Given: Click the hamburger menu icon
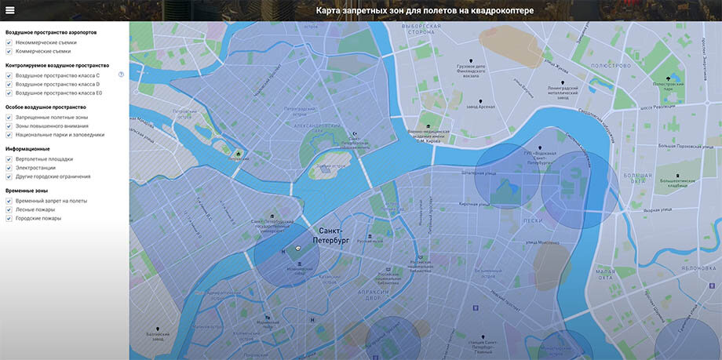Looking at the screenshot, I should pos(10,11).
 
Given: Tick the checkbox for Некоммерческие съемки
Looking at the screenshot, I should pos(9,42).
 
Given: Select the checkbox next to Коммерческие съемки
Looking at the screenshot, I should pos(9,52).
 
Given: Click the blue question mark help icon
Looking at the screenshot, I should pos(122,75).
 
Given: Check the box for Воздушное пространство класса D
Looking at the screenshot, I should pos(9,84).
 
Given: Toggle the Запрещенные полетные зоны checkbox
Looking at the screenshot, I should pos(9,117).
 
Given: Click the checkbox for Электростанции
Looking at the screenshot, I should pos(9,168).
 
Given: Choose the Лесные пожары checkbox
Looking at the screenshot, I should pos(9,209).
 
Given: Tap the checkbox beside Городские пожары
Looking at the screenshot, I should pos(9,219).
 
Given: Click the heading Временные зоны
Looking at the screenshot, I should pos(26,191).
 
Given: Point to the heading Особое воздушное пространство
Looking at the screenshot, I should pos(46,107).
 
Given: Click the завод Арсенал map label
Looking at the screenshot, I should pos(480,106).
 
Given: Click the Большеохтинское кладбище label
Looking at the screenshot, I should pos(678,184).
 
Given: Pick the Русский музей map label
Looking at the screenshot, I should pos(370,241).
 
